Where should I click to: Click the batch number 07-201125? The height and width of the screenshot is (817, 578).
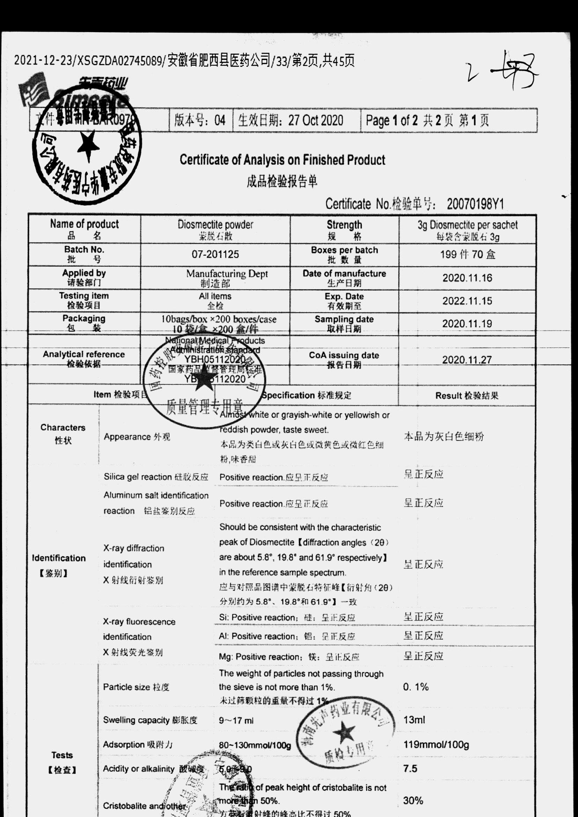(215, 255)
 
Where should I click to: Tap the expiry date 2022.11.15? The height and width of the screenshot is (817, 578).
(467, 301)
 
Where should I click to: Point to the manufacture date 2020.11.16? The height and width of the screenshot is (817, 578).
(467, 278)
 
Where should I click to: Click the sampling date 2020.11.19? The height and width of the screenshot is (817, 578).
(467, 324)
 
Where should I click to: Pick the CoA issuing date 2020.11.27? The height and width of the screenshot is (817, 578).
(467, 360)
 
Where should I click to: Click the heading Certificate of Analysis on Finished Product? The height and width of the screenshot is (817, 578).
(282, 160)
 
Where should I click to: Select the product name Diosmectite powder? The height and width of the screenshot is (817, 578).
(215, 225)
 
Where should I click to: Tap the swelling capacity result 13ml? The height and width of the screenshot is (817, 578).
(414, 720)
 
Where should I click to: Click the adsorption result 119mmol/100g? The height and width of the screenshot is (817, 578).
(436, 745)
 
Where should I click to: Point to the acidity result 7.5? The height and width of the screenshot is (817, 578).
(410, 768)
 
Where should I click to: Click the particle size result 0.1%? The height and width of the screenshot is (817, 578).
(415, 687)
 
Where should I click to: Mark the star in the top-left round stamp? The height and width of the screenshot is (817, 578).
(86, 144)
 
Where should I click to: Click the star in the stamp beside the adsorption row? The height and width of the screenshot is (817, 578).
(344, 732)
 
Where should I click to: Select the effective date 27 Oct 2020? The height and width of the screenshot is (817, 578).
(315, 121)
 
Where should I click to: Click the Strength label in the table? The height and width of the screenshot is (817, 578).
(344, 225)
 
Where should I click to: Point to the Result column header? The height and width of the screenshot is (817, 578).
(467, 395)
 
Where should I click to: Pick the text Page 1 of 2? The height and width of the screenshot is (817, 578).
(392, 121)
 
